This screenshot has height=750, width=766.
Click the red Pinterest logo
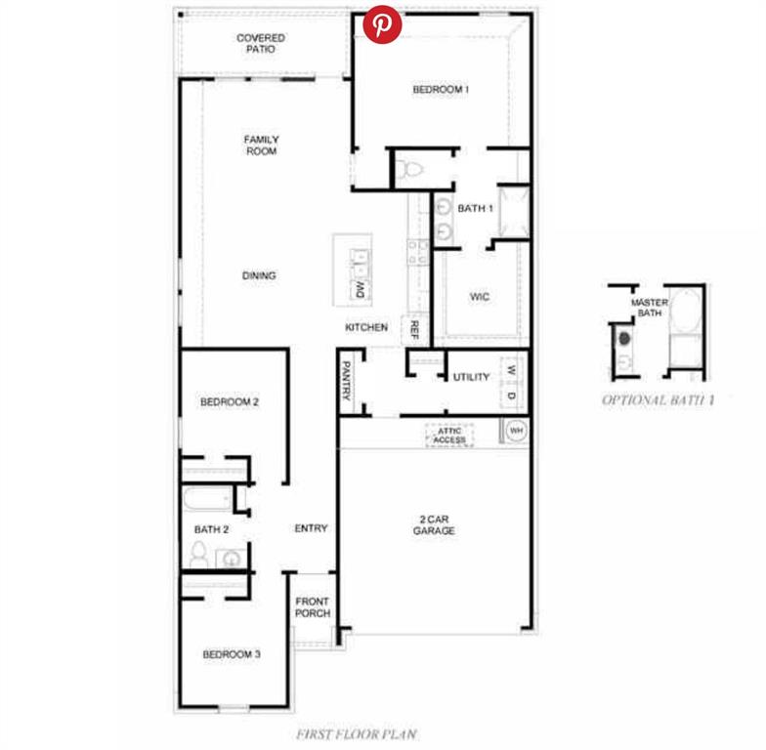coord(383,24)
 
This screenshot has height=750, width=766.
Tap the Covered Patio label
coord(260,43)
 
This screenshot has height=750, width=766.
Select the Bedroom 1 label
coord(441,90)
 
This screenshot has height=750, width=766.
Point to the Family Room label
coord(262,146)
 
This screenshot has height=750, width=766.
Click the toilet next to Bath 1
coord(409,170)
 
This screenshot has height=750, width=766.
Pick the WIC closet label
coord(479,297)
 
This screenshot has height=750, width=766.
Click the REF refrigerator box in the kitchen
coord(414,330)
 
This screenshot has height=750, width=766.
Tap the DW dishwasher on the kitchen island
coord(360,290)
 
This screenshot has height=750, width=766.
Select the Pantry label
coord(346,381)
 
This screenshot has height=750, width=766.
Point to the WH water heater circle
coord(516,431)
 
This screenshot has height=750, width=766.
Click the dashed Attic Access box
coord(449,436)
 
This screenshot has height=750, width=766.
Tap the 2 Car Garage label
coord(434,525)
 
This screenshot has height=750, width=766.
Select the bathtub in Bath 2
coord(207,499)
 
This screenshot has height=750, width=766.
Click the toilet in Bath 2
coord(198,555)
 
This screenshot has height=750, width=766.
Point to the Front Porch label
coord(313,607)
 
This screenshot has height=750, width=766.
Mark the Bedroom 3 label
coord(232,654)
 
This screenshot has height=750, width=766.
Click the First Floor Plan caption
coord(357,734)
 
